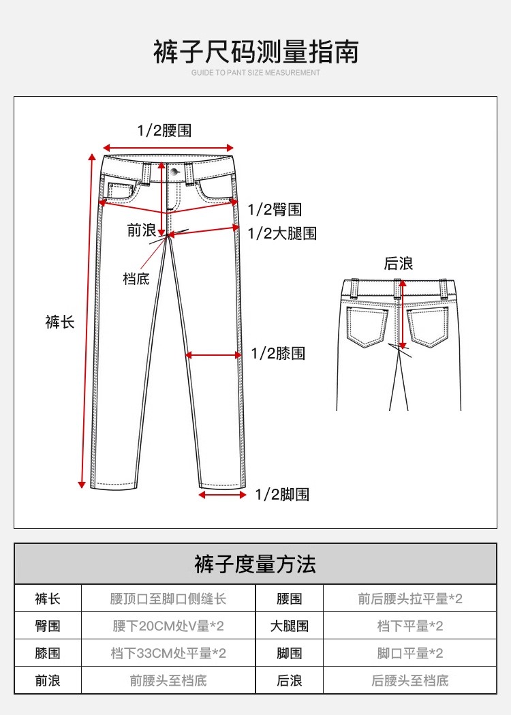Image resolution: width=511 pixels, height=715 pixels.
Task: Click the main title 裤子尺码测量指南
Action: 255,52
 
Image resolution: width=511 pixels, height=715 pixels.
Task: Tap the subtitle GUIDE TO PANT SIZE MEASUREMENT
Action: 255,72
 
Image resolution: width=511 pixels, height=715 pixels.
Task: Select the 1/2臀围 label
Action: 275,210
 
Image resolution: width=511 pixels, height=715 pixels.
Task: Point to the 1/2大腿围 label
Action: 282,234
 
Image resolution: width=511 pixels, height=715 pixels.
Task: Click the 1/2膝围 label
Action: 278,353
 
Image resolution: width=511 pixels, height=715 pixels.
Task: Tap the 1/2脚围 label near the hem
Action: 282,495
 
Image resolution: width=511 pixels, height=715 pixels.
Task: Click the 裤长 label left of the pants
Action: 60,322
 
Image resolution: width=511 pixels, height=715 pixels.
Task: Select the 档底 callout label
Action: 136,279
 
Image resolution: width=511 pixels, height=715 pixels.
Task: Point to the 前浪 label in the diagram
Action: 142,230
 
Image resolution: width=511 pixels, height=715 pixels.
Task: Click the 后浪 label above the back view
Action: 399,264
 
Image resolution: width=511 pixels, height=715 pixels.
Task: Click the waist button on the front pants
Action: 175,170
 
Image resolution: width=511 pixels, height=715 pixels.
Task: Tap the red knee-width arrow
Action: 213,354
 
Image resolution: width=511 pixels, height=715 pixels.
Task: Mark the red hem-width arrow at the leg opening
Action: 223,495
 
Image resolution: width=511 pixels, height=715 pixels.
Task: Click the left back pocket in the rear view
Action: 366,326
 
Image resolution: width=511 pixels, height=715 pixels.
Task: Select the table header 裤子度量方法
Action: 255,564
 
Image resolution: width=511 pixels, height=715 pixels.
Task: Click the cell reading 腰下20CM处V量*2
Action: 168,626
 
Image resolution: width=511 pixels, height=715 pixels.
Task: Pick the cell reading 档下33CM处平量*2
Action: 168,653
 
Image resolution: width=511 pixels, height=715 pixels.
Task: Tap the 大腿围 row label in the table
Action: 290,626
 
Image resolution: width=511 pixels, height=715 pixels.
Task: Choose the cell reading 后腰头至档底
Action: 410,680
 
